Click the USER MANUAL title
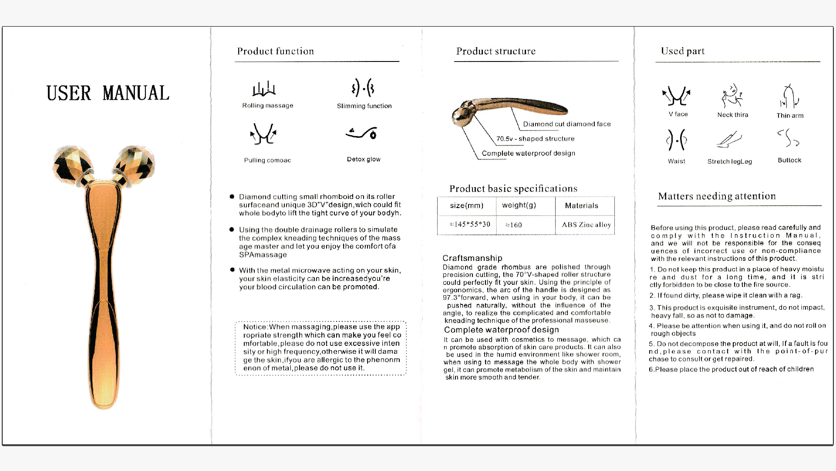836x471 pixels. coord(108,93)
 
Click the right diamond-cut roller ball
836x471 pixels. coord(135,165)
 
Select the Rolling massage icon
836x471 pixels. coord(264,89)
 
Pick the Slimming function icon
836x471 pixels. coord(363,88)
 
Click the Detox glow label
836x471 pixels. coord(364,159)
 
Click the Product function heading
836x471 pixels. coord(275,51)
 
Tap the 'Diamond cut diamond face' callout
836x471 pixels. coord(566,124)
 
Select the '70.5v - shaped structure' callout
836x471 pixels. coord(535,139)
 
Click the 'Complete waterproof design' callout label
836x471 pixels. coord(528,153)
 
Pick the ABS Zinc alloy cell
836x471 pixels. coord(586,225)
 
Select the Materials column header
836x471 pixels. coord(581,205)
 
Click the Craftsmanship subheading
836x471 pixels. coord(472,258)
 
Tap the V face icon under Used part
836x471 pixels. coord(676,96)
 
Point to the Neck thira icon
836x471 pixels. coord(732,96)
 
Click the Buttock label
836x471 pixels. coord(789,160)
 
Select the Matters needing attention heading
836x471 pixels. coord(717,196)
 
